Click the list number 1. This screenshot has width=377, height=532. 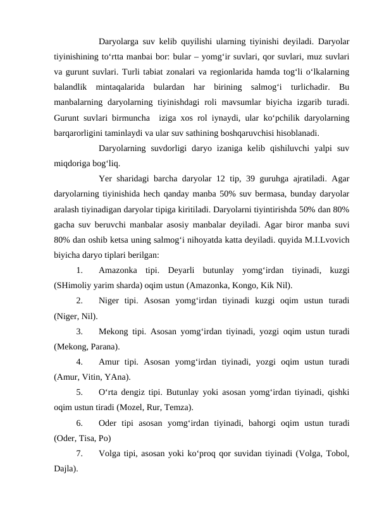(78, 271)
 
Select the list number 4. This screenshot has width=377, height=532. (78, 363)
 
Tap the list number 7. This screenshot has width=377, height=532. (78, 454)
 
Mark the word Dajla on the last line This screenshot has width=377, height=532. (65, 469)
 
